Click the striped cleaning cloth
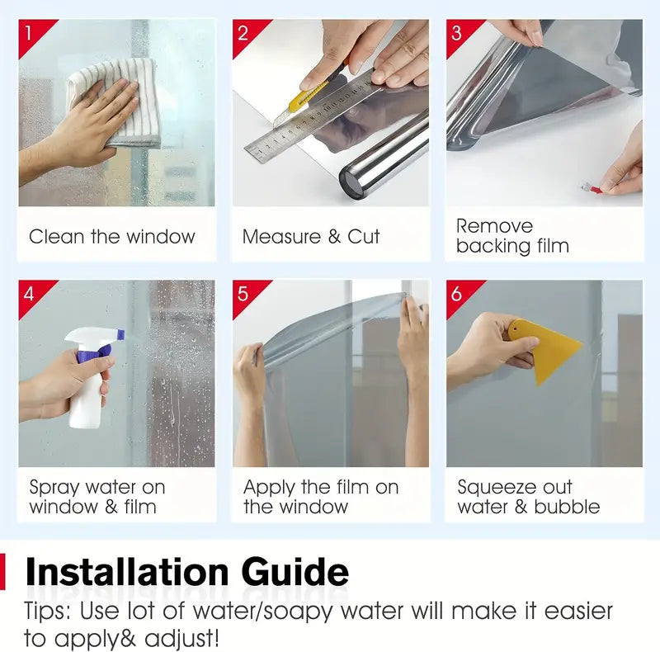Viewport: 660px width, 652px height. [115, 102]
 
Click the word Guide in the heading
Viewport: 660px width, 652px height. [295, 572]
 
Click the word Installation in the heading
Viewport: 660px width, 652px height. [127, 572]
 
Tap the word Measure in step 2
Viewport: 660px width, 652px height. [282, 236]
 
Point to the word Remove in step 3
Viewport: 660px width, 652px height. [495, 226]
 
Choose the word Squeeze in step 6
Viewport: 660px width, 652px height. [497, 488]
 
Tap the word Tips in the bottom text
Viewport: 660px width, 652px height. [47, 611]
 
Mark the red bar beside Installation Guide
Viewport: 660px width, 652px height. [2, 572]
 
